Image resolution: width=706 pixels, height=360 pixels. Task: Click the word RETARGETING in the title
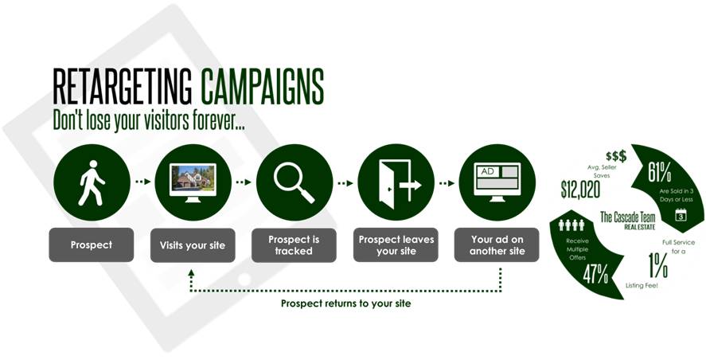point(122,87)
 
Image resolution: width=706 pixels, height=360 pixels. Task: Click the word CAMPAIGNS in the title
point(262,87)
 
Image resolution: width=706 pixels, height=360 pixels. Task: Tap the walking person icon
point(92,182)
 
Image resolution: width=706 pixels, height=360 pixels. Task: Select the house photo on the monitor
point(193,177)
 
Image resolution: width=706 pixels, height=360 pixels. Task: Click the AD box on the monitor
point(488,171)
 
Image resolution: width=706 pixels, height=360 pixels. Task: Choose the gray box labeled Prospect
point(92,245)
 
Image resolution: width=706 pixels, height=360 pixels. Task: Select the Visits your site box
point(193,245)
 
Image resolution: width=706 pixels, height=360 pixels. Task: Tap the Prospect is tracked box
point(294,245)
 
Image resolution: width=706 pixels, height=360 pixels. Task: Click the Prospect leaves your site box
point(396,245)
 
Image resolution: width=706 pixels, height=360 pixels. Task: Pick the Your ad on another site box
point(497,245)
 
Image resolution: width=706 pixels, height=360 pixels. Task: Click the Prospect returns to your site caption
point(345,303)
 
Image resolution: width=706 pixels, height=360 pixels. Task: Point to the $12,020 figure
point(580,190)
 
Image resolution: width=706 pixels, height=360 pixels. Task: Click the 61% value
point(660,173)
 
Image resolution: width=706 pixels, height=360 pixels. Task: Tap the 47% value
point(595,273)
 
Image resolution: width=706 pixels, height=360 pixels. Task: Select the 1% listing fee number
point(657,265)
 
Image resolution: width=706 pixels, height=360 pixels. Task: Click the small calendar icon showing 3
point(681,214)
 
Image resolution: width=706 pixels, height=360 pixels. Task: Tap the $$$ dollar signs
point(616,156)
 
